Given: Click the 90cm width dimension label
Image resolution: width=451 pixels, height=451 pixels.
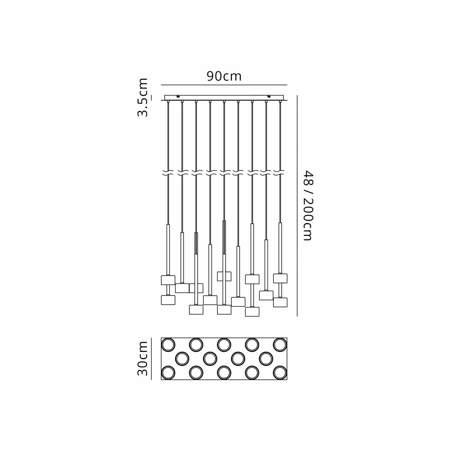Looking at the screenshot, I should pyautogui.click(x=224, y=76).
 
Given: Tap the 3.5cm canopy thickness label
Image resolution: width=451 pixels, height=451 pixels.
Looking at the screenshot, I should pyautogui.click(x=143, y=97).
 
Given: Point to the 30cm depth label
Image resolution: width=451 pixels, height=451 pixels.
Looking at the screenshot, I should pyautogui.click(x=143, y=359).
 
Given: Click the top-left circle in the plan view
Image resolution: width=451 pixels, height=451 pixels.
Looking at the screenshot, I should pyautogui.click(x=168, y=344).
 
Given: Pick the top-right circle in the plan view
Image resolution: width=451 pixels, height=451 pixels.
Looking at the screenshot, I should pyautogui.click(x=280, y=344).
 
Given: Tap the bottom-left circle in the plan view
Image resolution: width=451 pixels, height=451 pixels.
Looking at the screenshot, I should pyautogui.click(x=168, y=372).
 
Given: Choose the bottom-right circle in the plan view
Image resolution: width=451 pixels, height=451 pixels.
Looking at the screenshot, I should pyautogui.click(x=280, y=372).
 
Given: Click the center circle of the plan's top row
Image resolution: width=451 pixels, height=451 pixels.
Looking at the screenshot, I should pyautogui.click(x=224, y=344).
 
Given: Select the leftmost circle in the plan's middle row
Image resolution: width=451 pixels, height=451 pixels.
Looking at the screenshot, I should pyautogui.click(x=182, y=358).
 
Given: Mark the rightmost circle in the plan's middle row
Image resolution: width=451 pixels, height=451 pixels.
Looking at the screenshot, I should pyautogui.click(x=266, y=358).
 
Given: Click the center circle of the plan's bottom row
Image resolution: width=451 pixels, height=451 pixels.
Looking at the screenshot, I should pyautogui.click(x=224, y=372).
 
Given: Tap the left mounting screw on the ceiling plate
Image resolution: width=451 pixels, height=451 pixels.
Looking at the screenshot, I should pyautogui.click(x=179, y=97).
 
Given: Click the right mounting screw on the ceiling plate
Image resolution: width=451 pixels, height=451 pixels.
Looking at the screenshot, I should pyautogui.click(x=269, y=97).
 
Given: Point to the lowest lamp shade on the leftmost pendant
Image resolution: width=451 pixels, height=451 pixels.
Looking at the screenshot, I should pyautogui.click(x=168, y=300).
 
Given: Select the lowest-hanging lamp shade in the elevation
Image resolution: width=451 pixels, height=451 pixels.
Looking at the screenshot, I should pyautogui.click(x=252, y=311).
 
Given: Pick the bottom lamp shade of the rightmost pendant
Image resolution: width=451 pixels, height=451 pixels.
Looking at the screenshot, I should pyautogui.click(x=280, y=302).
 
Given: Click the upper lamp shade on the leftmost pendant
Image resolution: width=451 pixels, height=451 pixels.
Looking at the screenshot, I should pyautogui.click(x=168, y=280).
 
